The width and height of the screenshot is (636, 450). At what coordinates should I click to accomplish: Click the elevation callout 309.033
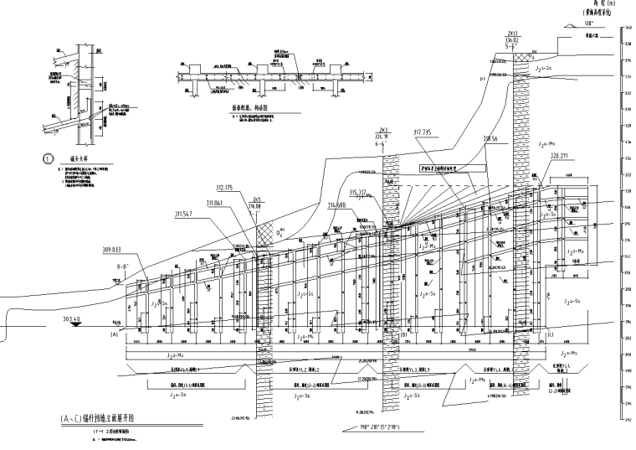[111, 249]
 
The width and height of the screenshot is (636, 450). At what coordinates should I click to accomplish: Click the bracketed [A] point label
[113, 334]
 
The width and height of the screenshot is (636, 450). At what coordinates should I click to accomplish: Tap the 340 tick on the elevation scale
[628, 29]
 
